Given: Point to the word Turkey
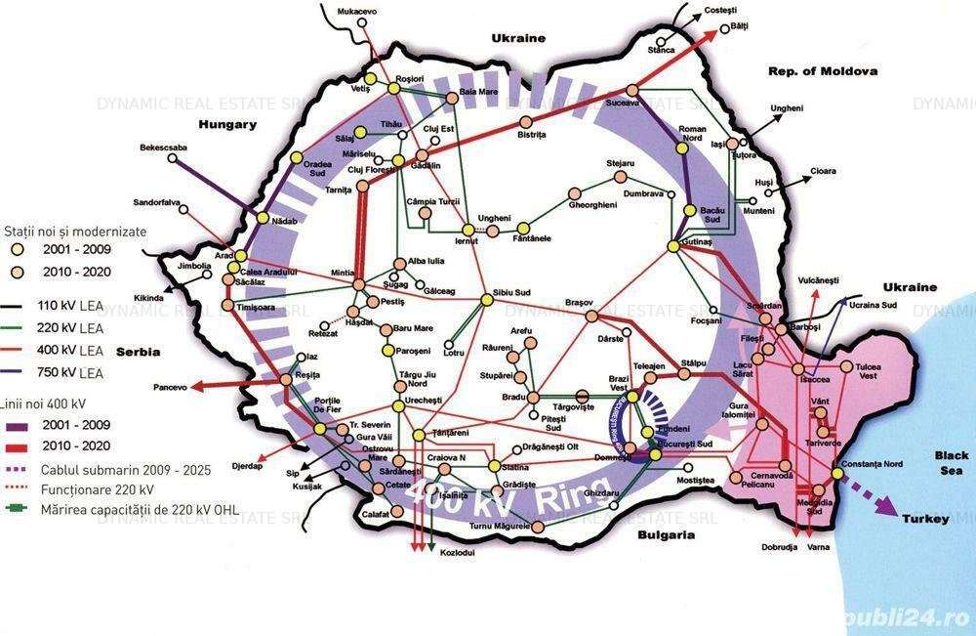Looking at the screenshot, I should pos(923,519).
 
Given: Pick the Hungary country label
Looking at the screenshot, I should pos(226,124).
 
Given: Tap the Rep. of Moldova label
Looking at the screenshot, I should pos(823,70).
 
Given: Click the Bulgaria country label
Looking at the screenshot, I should pos(664,535).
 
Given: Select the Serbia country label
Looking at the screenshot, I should pos(138,352).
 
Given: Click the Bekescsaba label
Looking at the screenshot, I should pos(163,148).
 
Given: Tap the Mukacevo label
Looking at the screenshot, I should pos(356,11).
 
